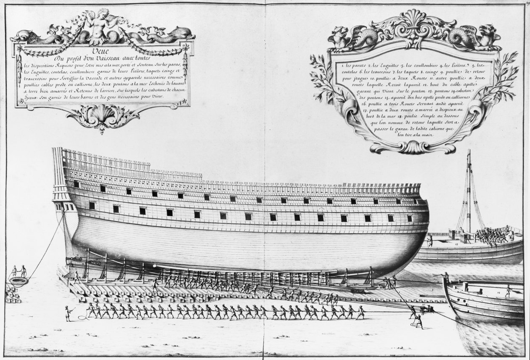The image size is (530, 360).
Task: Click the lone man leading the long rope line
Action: click(x=67, y=314)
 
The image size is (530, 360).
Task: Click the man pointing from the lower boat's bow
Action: click(x=446, y=278)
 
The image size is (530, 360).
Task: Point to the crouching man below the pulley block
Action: click(x=417, y=321)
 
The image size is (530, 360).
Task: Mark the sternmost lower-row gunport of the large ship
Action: click(x=92, y=206)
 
